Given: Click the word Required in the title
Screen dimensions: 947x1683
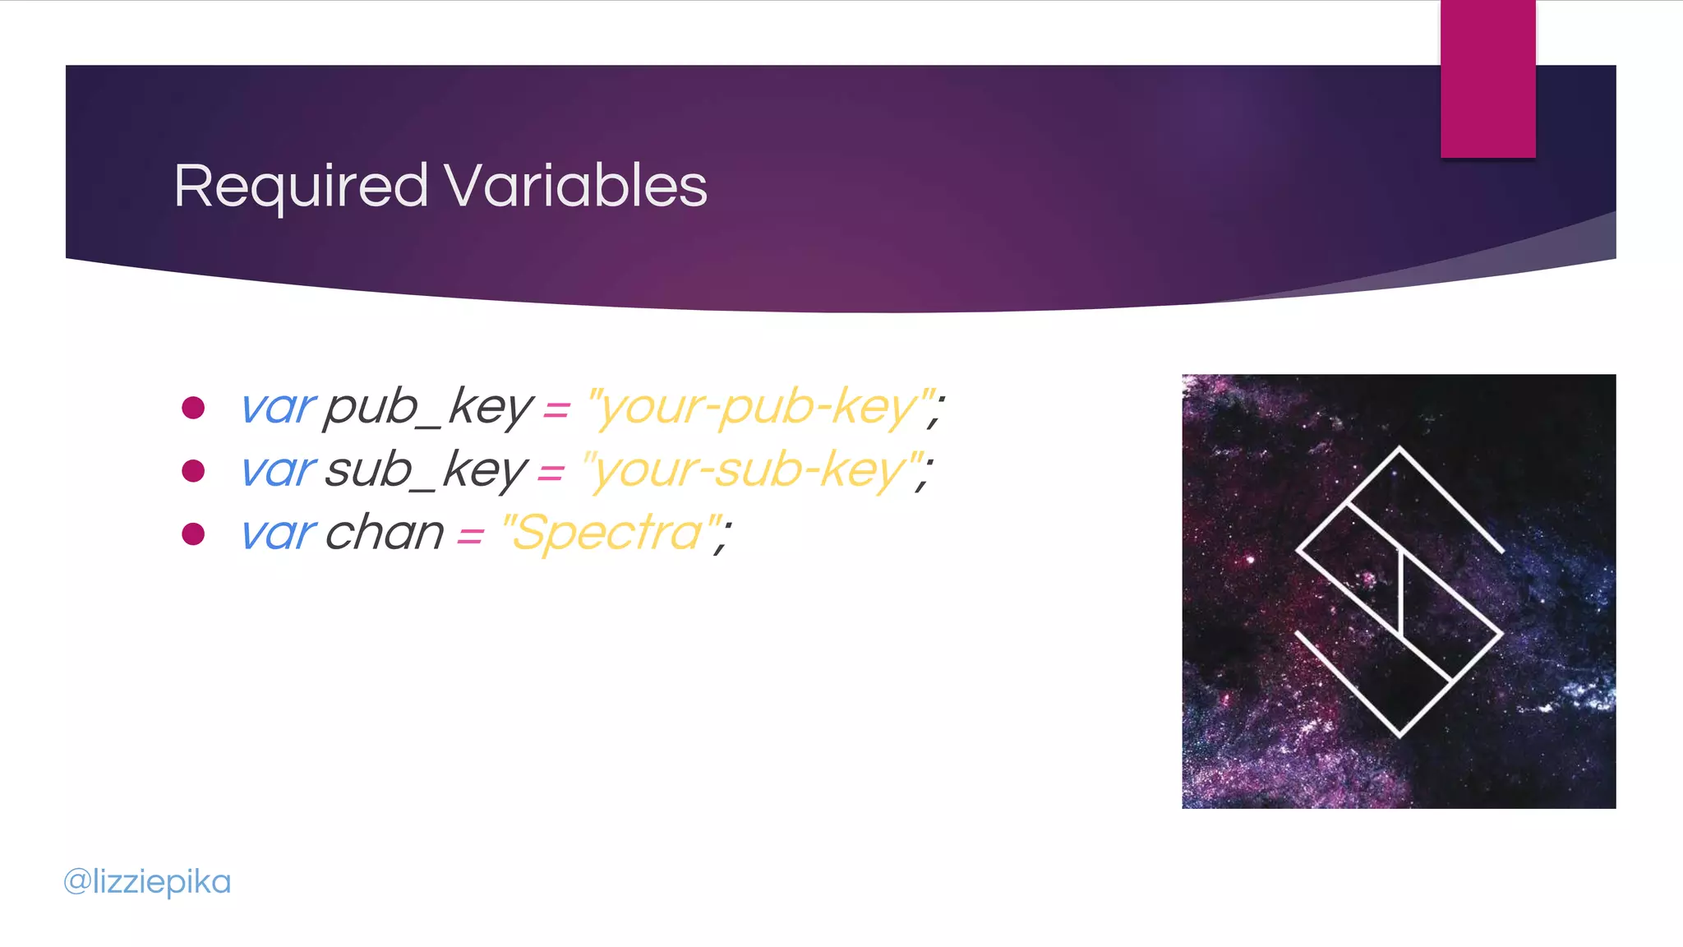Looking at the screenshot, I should pyautogui.click(x=301, y=187).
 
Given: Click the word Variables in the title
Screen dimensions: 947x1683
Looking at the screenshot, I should pyautogui.click(x=575, y=186).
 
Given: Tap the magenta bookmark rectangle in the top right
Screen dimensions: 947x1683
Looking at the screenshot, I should pyautogui.click(x=1487, y=79).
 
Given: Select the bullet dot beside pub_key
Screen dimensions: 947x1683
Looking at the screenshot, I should pyautogui.click(x=193, y=408).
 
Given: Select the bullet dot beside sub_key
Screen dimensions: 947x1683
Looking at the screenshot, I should pyautogui.click(x=193, y=471).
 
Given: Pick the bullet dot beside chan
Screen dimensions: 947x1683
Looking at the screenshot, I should pyautogui.click(x=193, y=534).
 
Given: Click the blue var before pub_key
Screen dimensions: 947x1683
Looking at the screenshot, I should pyautogui.click(x=277, y=408).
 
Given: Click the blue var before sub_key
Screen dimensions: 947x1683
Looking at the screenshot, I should pyautogui.click(x=277, y=471).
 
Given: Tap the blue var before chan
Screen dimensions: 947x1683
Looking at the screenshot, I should pyautogui.click(x=277, y=534).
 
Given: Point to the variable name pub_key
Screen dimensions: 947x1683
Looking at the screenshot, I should pyautogui.click(x=427, y=408).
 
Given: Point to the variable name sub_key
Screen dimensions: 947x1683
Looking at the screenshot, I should pyautogui.click(x=425, y=471).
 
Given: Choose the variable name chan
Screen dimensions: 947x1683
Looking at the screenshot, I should pyautogui.click(x=385, y=534).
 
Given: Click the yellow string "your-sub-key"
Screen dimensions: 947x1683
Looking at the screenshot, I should pyautogui.click(x=752, y=471).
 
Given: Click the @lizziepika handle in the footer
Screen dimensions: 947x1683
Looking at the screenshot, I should pyautogui.click(x=148, y=882).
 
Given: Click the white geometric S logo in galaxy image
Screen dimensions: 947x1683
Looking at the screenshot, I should pyautogui.click(x=1399, y=592).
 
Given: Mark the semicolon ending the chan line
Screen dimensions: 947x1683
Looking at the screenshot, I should pyautogui.click(x=723, y=538).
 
